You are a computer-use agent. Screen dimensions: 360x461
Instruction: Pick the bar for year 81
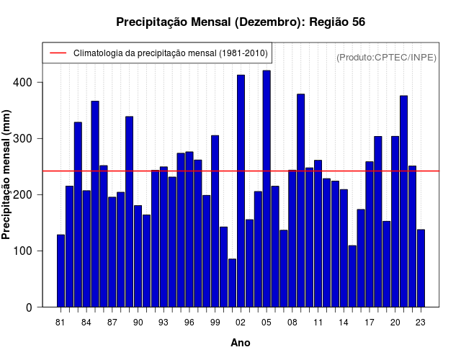coord(61,271)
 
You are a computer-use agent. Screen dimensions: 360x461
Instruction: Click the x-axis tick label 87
coord(112,322)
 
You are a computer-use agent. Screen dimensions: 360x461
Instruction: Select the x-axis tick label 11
coord(318,322)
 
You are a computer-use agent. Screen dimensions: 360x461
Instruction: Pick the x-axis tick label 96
coord(189,322)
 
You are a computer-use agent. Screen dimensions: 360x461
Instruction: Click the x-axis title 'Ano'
coord(240,343)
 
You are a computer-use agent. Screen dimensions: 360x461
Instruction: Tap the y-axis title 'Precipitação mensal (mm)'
coord(7,175)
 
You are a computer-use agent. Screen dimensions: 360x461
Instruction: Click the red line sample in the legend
coord(58,53)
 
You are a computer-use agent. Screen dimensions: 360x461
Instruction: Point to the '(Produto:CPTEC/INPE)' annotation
coord(386,57)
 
